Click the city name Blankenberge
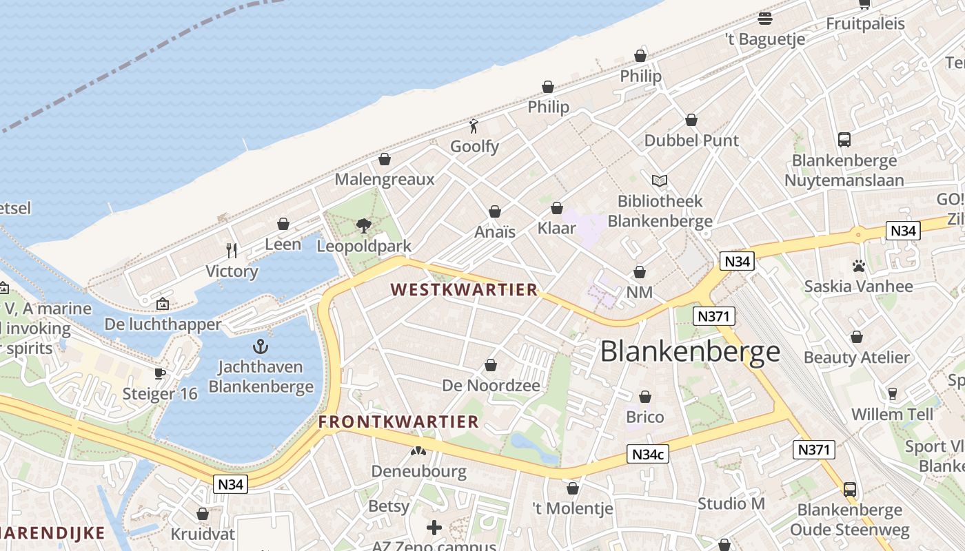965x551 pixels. (x=690, y=351)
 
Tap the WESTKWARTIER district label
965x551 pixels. (x=464, y=290)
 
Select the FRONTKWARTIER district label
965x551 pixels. (x=398, y=422)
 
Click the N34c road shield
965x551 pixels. (x=648, y=454)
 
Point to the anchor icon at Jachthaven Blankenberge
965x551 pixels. (x=261, y=346)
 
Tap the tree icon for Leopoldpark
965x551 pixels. (x=363, y=225)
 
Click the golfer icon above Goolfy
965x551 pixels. (x=474, y=126)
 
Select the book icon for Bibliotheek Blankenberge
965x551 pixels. (x=660, y=180)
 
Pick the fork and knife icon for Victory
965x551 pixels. (x=232, y=250)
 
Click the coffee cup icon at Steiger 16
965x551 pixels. (x=160, y=373)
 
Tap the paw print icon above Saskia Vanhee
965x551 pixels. (x=858, y=265)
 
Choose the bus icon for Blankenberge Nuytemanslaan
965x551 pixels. (x=844, y=140)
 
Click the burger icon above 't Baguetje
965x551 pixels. (x=765, y=18)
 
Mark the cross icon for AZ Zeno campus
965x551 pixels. (x=434, y=528)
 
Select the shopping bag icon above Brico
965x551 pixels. (x=645, y=397)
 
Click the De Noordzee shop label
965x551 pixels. (x=491, y=386)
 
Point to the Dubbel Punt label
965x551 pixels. (x=691, y=141)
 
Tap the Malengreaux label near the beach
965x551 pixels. (x=385, y=180)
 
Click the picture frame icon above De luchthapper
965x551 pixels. (x=163, y=304)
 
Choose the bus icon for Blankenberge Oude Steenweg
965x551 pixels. (x=850, y=490)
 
